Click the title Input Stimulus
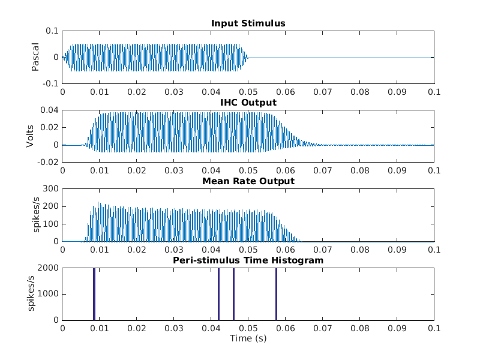[248, 23]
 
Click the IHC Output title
[248, 103]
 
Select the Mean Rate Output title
[248, 181]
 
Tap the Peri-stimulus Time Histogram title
[248, 260]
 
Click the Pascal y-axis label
[35, 57]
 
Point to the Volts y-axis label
[30, 136]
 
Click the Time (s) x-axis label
[248, 338]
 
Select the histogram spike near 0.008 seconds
[94, 294]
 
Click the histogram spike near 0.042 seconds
[218, 294]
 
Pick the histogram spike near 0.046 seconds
[233, 294]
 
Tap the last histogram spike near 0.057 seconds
[276, 294]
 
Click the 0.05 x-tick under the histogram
[248, 328]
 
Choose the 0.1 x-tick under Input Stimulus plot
[434, 92]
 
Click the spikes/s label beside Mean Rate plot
[35, 215]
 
